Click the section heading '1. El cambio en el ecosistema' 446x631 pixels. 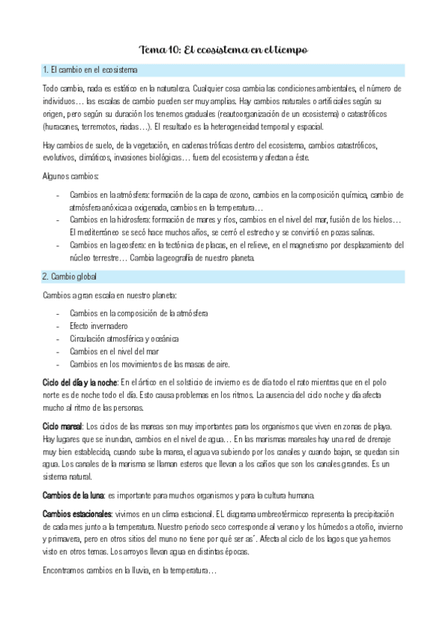click(89, 71)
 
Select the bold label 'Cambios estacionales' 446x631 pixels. click(77, 513)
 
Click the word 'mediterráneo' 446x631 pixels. click(101, 232)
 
